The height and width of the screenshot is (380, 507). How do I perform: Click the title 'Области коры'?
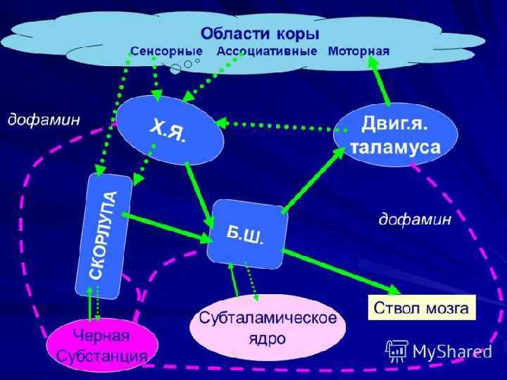(x=259, y=33)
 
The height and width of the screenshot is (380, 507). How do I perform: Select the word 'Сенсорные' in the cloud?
(x=166, y=52)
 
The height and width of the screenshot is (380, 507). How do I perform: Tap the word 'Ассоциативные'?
(x=268, y=52)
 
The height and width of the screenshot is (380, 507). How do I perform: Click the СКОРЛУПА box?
(x=103, y=235)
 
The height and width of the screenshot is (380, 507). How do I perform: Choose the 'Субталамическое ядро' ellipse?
(x=267, y=327)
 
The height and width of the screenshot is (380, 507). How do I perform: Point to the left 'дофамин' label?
(x=44, y=120)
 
